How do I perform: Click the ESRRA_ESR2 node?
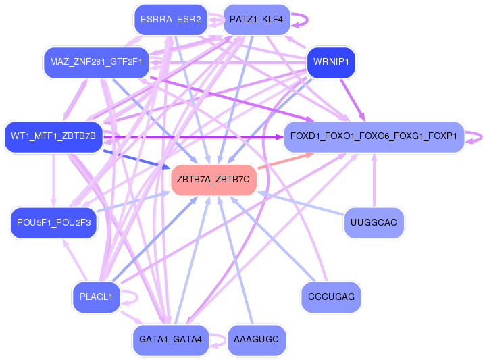click(169, 20)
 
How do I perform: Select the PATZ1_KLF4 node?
click(256, 20)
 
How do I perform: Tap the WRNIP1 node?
click(331, 63)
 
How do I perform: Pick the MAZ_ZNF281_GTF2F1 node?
click(95, 63)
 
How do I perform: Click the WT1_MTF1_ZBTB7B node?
click(53, 136)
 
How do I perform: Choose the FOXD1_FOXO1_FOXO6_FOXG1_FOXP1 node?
click(374, 136)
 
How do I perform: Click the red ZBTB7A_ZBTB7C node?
click(213, 180)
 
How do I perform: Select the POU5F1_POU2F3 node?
click(53, 223)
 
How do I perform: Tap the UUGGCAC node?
click(374, 223)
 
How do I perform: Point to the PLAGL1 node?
click(95, 297)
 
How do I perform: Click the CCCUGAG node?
click(331, 297)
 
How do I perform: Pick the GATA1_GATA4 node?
click(171, 339)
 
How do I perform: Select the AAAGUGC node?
click(256, 339)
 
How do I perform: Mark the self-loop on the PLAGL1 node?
click(133, 297)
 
